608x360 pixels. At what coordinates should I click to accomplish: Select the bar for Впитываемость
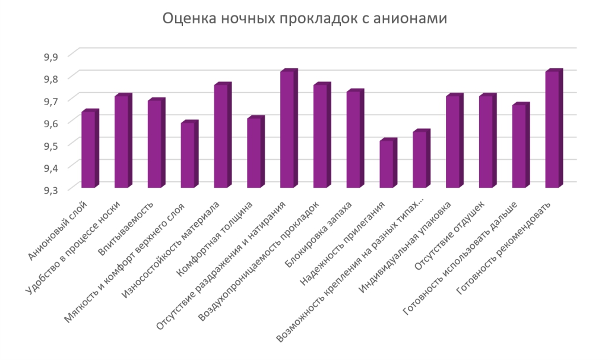pyautogui.click(x=154, y=144)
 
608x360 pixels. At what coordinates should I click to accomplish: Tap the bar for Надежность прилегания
pyautogui.click(x=386, y=165)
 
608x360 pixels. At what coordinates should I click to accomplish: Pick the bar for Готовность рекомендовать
pyautogui.click(x=552, y=130)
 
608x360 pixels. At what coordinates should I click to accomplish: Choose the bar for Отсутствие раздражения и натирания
pyautogui.click(x=287, y=130)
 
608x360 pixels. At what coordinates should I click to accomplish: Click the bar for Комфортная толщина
pyautogui.click(x=254, y=153)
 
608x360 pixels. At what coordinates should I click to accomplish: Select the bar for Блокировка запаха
pyautogui.click(x=353, y=140)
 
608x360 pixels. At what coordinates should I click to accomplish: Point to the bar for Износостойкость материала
pyautogui.click(x=220, y=137)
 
